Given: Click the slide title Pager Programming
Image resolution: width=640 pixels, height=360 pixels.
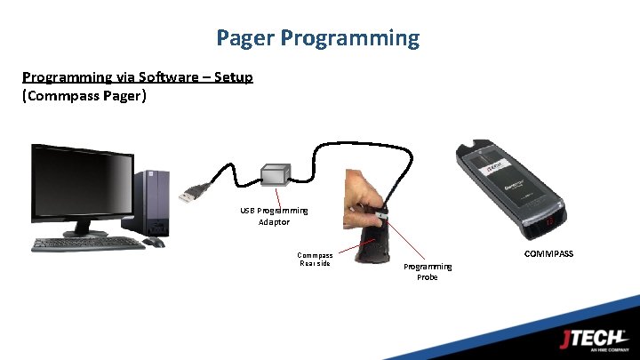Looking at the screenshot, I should (x=318, y=37).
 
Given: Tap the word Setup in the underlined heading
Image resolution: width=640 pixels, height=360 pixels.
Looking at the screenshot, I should (x=232, y=77).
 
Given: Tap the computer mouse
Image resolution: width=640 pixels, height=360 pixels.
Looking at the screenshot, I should (x=153, y=242).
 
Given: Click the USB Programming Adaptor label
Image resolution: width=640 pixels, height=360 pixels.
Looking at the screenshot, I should (x=274, y=216).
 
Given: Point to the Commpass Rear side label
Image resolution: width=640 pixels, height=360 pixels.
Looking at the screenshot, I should (x=316, y=259).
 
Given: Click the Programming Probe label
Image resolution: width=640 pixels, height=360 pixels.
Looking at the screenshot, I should (x=428, y=271).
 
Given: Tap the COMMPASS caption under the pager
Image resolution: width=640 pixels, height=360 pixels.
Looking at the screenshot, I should (x=548, y=254).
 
